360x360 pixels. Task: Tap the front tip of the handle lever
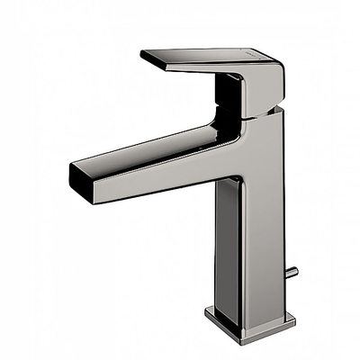[x=144, y=56]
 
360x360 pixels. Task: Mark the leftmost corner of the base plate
[x=206, y=314]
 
